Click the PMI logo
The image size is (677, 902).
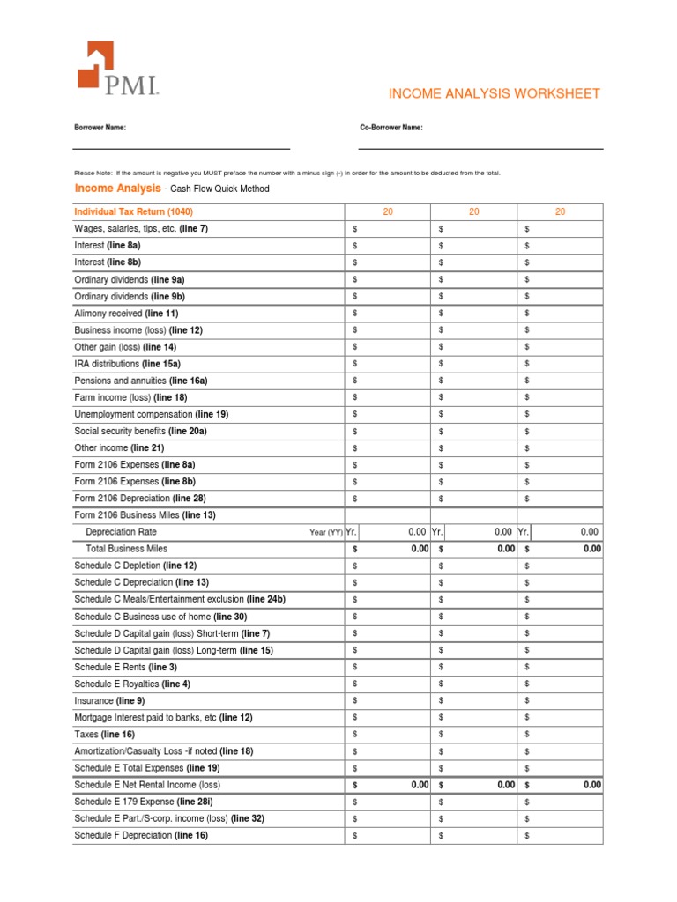pos(117,68)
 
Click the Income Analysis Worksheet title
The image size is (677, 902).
pos(495,93)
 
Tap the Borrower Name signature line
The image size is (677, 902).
pos(182,148)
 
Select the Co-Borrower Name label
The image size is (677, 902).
pos(391,128)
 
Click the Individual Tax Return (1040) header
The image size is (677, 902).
pos(134,212)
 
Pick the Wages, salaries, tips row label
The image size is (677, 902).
pos(141,229)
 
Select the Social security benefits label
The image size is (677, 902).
pos(141,431)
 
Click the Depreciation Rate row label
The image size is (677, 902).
pos(122,532)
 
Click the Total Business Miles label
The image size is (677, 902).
pos(126,549)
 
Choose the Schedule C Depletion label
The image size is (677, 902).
pos(136,566)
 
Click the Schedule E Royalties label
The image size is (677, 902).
pos(132,684)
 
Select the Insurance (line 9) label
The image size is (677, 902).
pos(109,700)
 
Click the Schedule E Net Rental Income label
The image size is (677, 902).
pos(147,785)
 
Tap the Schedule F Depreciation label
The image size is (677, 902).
pos(141,835)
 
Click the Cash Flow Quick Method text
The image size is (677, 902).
pos(220,189)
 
